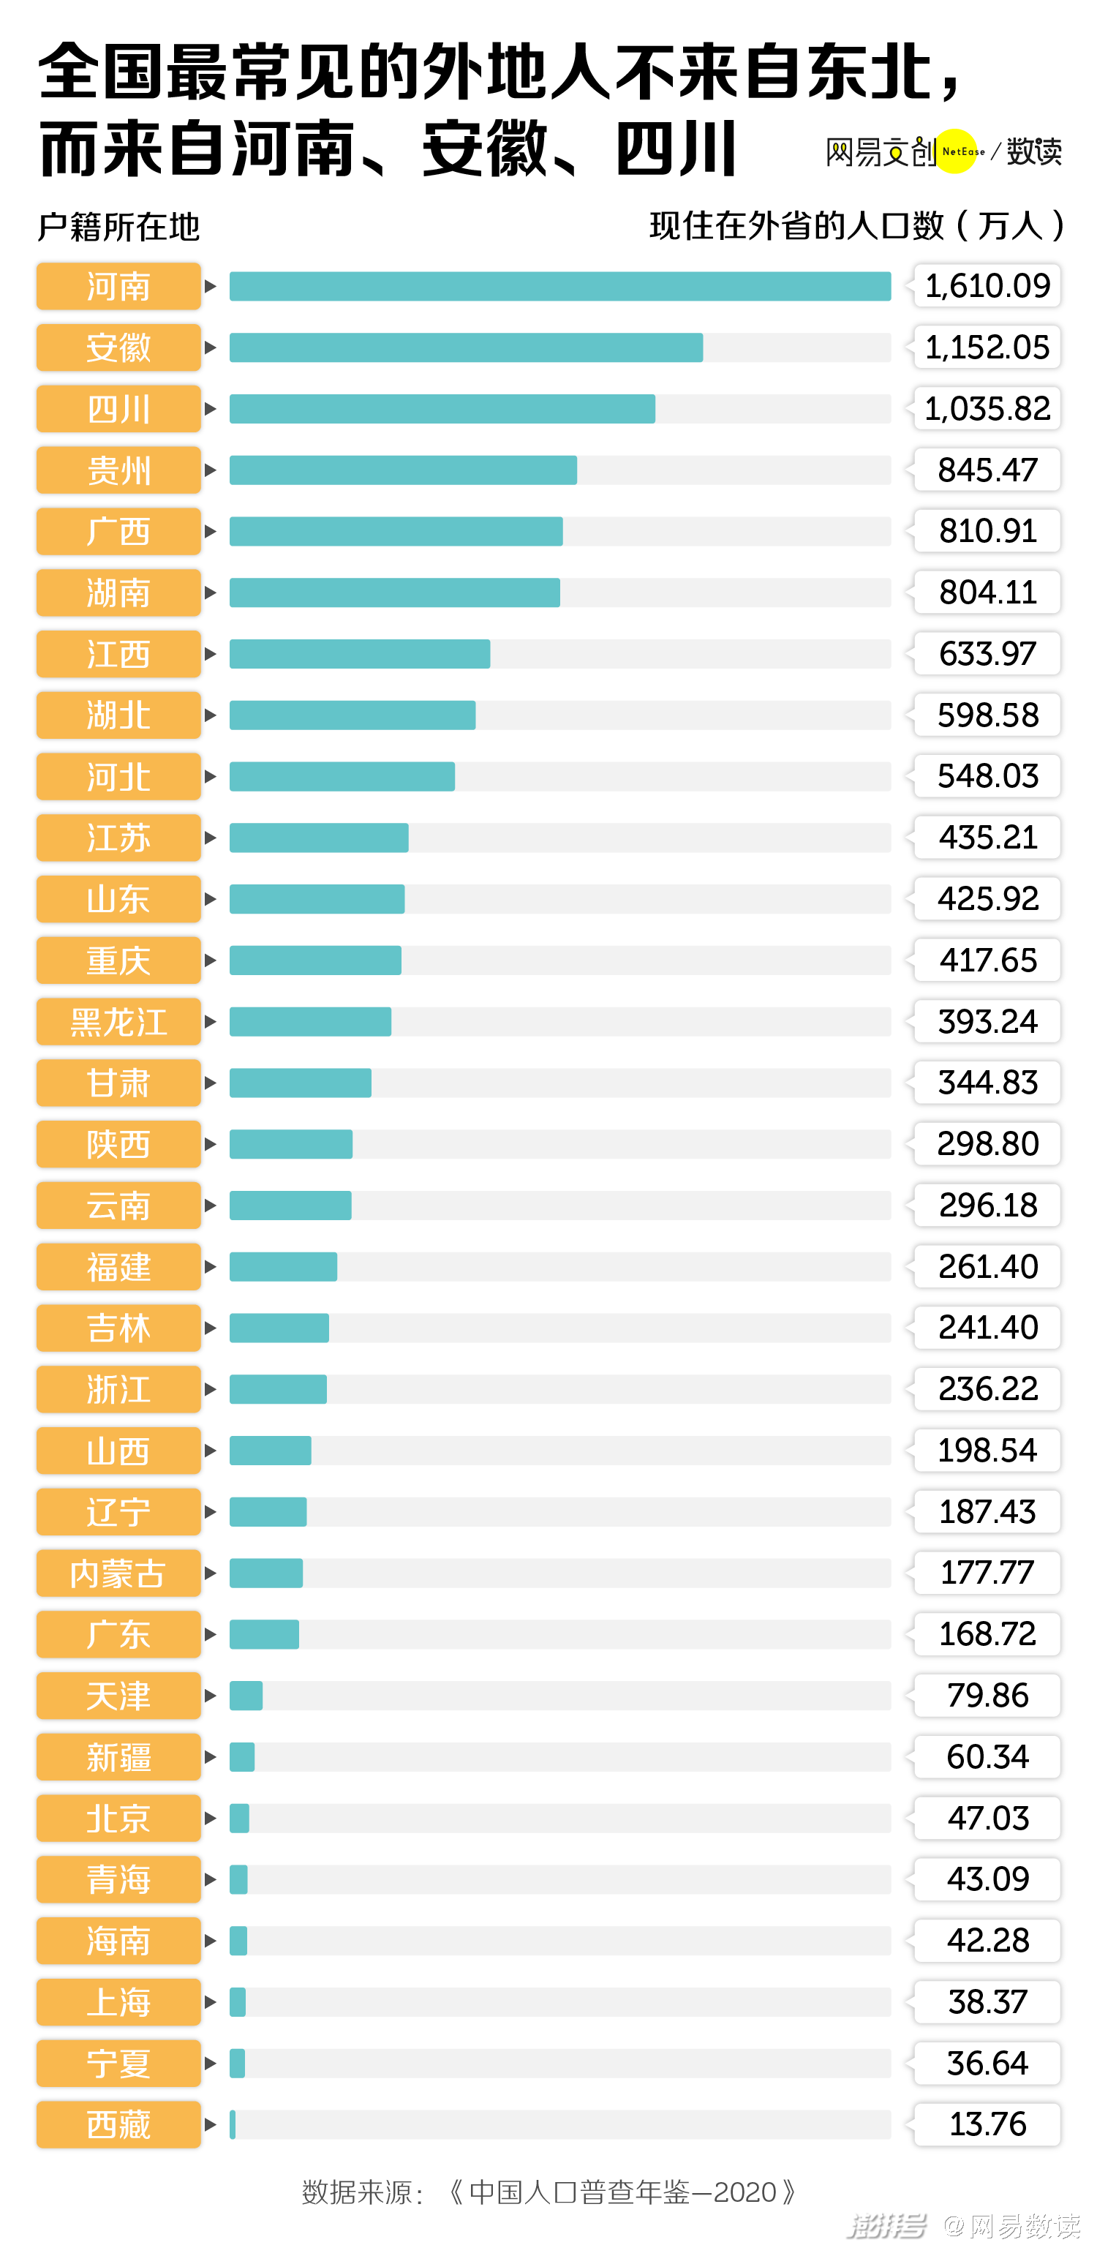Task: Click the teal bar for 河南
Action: tap(559, 287)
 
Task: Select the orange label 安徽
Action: tap(118, 347)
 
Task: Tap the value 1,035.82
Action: tap(987, 409)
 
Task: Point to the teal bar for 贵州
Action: tap(402, 470)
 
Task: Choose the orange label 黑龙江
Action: tap(118, 1022)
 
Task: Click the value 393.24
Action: tap(987, 1021)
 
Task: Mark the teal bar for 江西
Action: tap(359, 655)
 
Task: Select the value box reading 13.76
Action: tap(987, 2125)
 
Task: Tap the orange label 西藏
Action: tap(118, 2125)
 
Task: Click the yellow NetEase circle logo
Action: tap(956, 151)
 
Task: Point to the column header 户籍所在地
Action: tap(118, 227)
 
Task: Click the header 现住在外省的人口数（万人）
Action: tap(856, 226)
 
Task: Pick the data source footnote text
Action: tap(549, 2191)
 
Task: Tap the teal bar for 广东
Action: tap(264, 1635)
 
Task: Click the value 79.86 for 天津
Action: tap(987, 1696)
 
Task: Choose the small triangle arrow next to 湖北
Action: tap(210, 715)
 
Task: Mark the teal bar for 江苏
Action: tap(319, 838)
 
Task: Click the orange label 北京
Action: tap(118, 1819)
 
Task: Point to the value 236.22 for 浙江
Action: tap(987, 1389)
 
